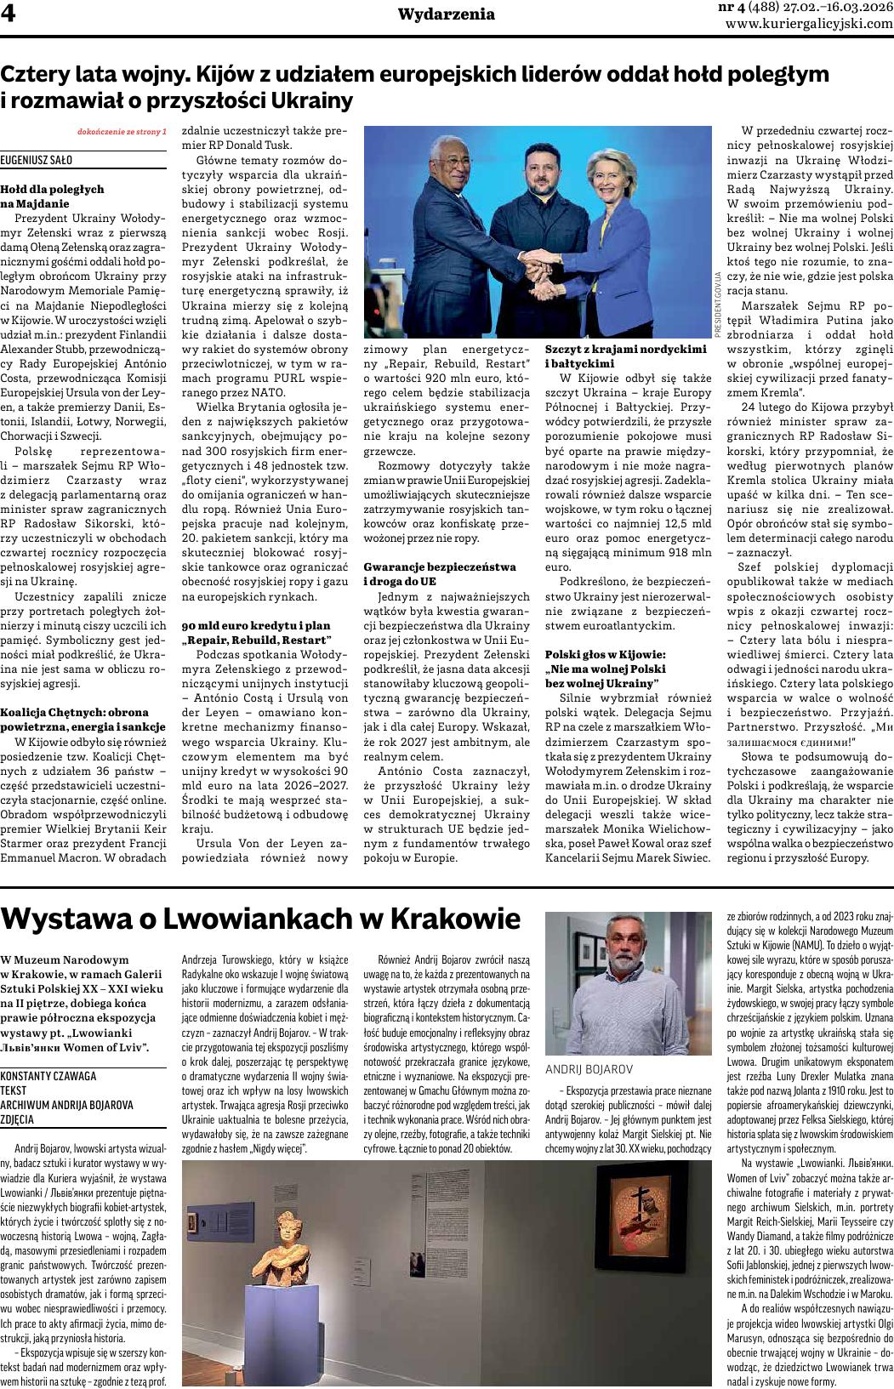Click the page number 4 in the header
point(10,15)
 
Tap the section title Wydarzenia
point(447,14)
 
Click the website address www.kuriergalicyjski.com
point(809,24)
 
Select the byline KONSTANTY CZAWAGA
point(48,1075)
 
